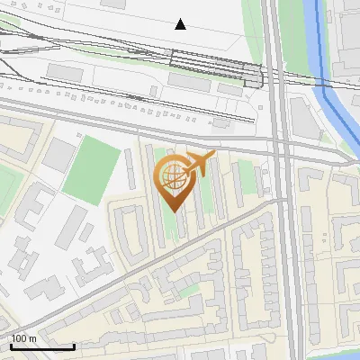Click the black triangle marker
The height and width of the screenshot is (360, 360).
tap(181, 24)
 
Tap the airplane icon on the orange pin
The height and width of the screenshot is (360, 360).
tap(200, 164)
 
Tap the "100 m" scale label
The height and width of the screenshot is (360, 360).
tap(23, 338)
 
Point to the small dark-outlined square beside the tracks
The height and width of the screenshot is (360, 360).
tap(254, 76)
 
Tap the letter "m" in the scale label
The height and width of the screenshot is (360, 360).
tap(31, 338)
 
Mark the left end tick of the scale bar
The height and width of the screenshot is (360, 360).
tap(12, 345)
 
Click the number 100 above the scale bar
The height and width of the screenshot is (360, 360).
tap(20, 338)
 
